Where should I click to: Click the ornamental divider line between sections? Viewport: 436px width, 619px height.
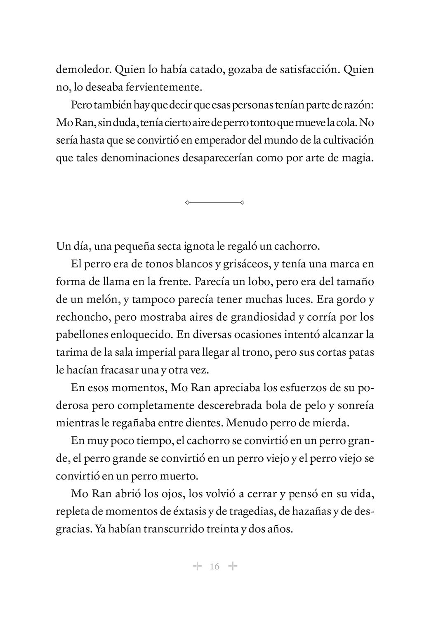(214, 203)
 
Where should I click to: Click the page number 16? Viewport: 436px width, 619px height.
(214, 566)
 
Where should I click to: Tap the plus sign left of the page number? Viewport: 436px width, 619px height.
(197, 566)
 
